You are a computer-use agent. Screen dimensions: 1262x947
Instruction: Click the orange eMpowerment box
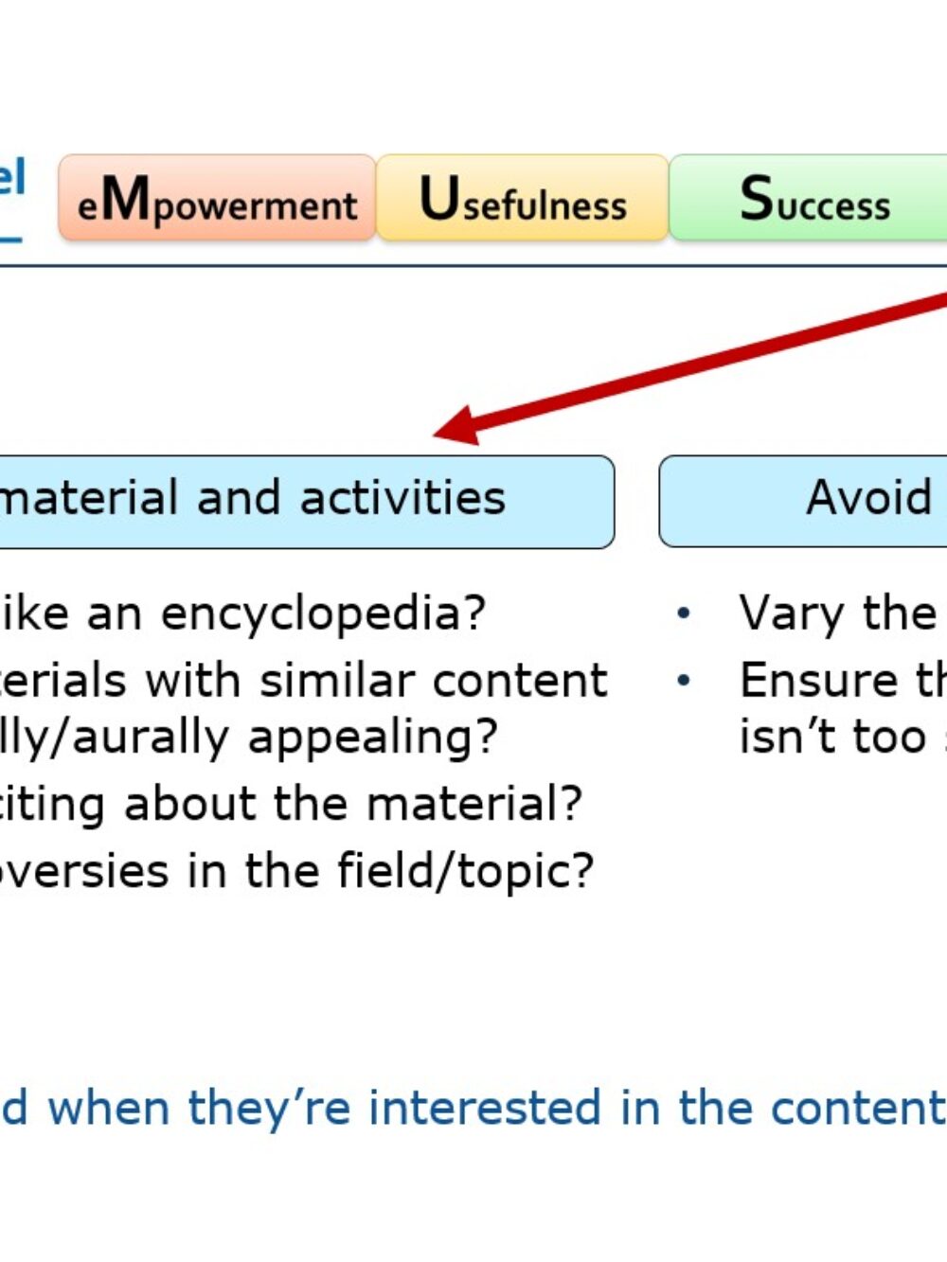[x=217, y=198]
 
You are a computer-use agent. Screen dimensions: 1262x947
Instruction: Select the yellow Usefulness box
[x=523, y=198]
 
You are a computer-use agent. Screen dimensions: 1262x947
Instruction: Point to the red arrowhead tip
[x=437, y=434]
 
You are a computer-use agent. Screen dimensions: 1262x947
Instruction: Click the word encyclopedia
[x=322, y=613]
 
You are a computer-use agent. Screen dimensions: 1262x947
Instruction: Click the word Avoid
[x=868, y=498]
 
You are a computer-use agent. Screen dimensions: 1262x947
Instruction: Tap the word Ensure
[x=815, y=681]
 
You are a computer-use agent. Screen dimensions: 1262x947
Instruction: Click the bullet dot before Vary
[x=684, y=614]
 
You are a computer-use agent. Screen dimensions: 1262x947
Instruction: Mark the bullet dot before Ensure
[x=684, y=681]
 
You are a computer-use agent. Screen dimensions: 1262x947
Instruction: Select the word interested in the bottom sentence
[x=484, y=1108]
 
